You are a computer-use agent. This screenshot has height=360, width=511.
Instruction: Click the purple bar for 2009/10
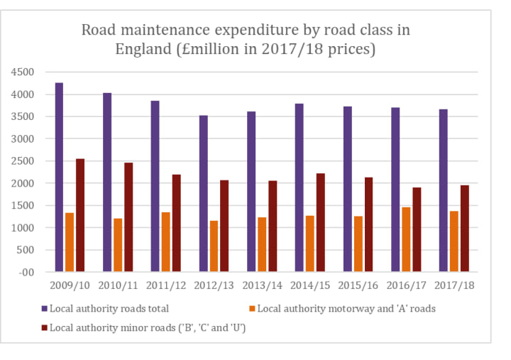59,177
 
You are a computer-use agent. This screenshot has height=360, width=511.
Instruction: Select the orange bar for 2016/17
405,239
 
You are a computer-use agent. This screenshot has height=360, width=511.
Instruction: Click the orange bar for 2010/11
118,245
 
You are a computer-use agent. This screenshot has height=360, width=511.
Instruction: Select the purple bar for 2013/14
251,191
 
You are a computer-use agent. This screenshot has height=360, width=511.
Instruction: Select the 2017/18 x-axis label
454,285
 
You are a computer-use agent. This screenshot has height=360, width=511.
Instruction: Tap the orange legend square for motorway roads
252,308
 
